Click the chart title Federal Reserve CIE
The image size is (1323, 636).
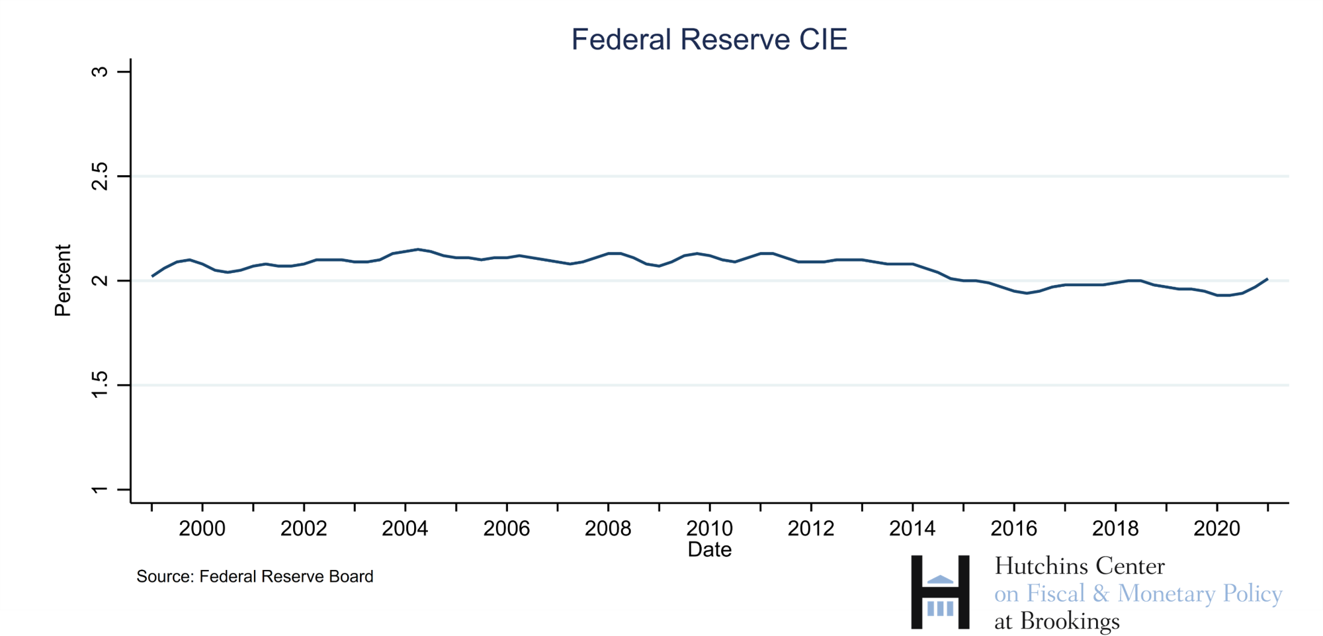[709, 40]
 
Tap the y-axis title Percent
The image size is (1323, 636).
[63, 280]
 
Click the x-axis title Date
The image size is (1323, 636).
[709, 549]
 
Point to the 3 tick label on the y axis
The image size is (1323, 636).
[99, 71]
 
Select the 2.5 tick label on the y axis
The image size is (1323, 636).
[99, 177]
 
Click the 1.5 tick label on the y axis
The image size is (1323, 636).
[99, 385]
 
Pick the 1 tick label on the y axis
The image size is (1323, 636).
[99, 489]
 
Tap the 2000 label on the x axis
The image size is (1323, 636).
[202, 528]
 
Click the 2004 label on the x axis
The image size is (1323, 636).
[405, 528]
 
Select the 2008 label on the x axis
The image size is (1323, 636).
[608, 528]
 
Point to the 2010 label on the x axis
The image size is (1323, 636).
[709, 528]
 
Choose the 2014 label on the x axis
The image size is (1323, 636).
[912, 528]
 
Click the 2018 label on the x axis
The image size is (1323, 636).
[1115, 528]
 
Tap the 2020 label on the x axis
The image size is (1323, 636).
[1216, 528]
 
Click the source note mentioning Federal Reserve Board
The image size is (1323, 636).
[255, 576]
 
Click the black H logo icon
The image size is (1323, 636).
[940, 591]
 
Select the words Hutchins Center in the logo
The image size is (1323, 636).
[1080, 566]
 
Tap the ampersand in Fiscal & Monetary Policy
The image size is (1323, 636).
[1101, 593]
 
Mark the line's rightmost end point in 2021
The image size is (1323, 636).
[1267, 279]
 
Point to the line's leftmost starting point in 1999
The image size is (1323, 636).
[152, 276]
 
